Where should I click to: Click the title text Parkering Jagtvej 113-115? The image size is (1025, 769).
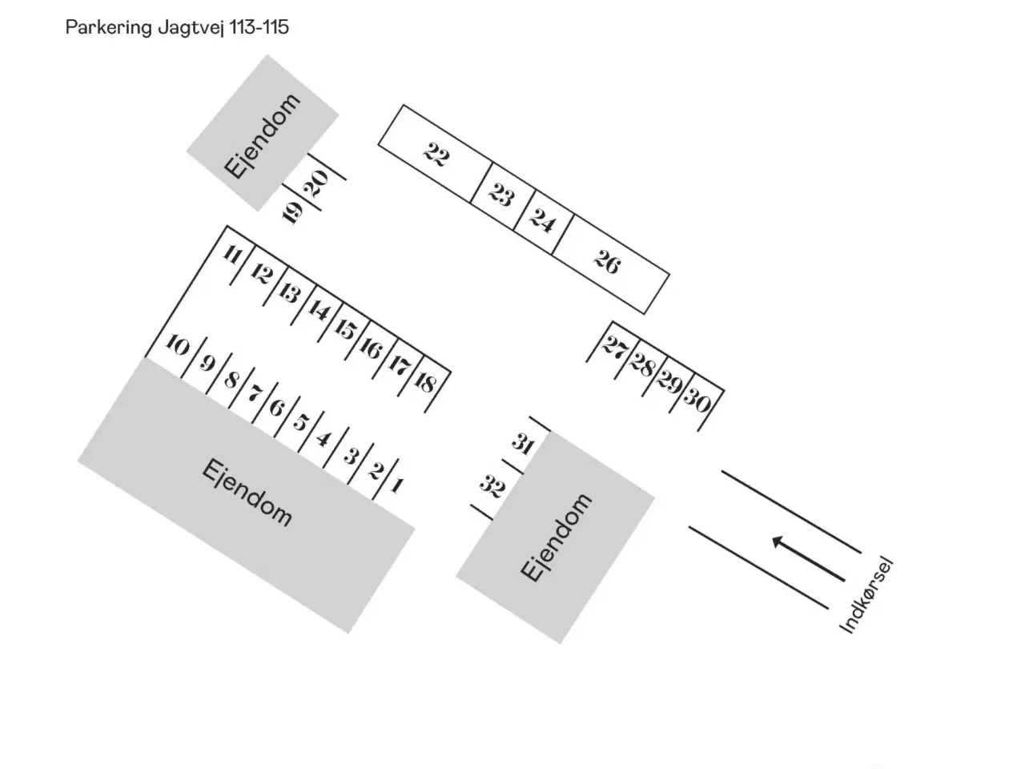point(177,28)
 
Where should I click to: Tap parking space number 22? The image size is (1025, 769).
point(436,154)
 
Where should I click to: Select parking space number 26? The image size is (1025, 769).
point(606,261)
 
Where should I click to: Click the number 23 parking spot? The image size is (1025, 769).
point(501,195)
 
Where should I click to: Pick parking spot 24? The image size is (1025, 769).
point(542,220)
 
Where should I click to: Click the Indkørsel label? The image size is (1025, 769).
point(866,596)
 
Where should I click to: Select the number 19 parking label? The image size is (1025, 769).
point(293,212)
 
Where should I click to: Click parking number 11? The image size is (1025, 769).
point(232,256)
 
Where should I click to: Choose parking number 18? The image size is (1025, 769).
point(425,382)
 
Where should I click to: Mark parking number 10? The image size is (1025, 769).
point(177,347)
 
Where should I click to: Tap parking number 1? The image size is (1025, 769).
point(396,485)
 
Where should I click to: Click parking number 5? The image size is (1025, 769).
point(300,422)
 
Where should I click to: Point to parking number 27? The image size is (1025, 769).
point(614,348)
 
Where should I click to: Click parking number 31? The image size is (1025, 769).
point(523,443)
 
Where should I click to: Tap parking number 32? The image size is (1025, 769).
point(491,485)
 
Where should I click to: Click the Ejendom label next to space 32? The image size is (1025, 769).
point(556,537)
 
